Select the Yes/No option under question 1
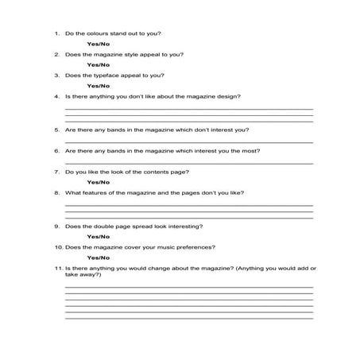click(98, 44)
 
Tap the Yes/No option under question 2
click(98, 64)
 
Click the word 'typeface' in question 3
click(112, 75)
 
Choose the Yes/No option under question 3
click(98, 86)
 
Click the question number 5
click(56, 129)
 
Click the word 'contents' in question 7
click(151, 172)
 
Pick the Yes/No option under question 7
click(98, 183)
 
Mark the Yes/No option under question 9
click(98, 237)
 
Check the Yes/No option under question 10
click(98, 258)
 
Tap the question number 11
click(57, 269)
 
